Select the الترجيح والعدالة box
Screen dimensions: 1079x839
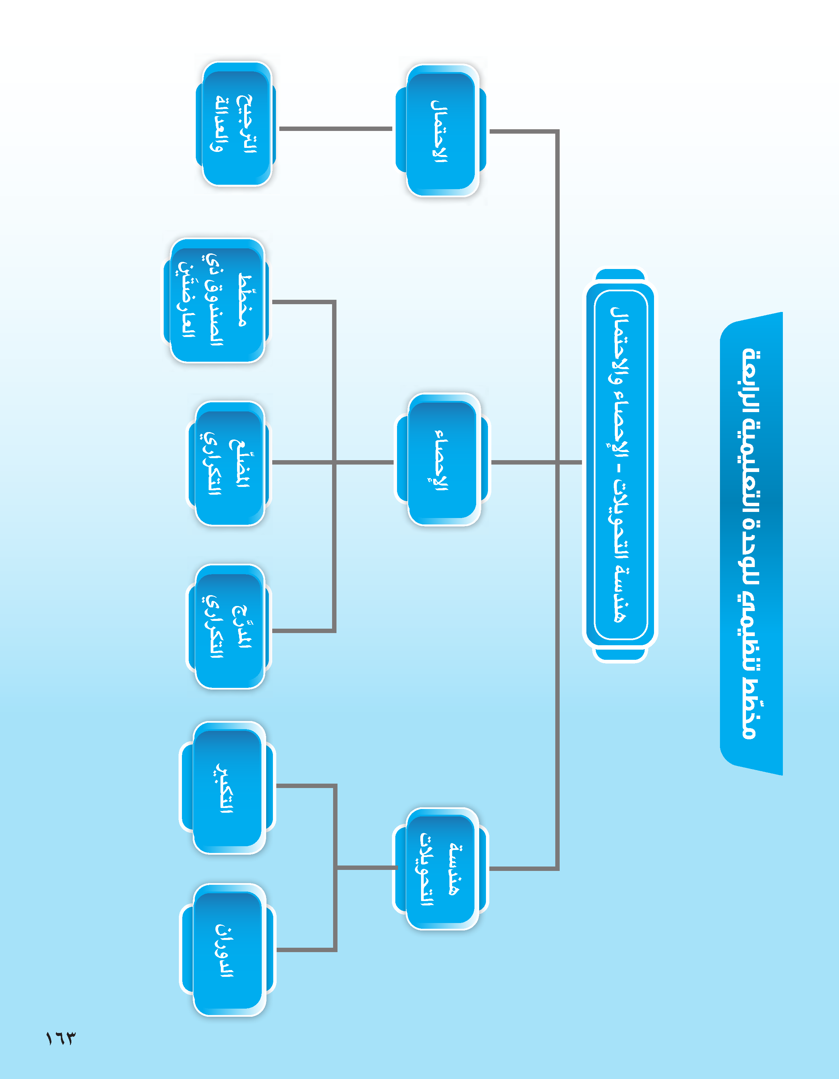click(x=236, y=123)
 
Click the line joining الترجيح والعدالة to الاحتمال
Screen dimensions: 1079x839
click(x=336, y=129)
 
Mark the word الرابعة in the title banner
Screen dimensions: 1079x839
click(x=751, y=380)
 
